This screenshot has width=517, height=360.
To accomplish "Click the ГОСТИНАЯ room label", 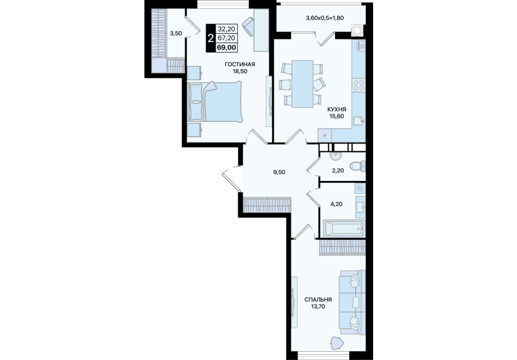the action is (x=239, y=64).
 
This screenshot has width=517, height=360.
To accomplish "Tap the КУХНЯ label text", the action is (x=336, y=109).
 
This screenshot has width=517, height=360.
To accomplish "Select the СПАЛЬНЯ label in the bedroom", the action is (x=318, y=300).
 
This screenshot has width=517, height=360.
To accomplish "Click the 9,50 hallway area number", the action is (x=279, y=172).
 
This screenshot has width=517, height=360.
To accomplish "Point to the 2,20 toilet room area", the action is (x=338, y=171).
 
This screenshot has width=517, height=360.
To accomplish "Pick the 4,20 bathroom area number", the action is (x=336, y=204).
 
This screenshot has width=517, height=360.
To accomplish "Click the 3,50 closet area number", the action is (x=176, y=33).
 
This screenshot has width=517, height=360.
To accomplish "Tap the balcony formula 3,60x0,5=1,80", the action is (x=325, y=18).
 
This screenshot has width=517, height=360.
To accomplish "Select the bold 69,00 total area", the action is (x=226, y=47).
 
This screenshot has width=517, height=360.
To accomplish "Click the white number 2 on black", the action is (x=210, y=39).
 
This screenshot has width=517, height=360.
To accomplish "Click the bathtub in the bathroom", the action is (x=343, y=228).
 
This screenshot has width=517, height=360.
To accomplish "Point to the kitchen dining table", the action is (x=302, y=84).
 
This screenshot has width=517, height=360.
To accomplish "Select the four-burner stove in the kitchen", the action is (x=358, y=85).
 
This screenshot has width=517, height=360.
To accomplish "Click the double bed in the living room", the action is (x=215, y=102).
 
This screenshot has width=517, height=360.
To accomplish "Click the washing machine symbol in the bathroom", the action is (x=360, y=188).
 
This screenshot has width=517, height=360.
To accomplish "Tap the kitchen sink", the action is (x=359, y=121).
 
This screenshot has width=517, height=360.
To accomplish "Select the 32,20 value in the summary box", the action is (x=226, y=29).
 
